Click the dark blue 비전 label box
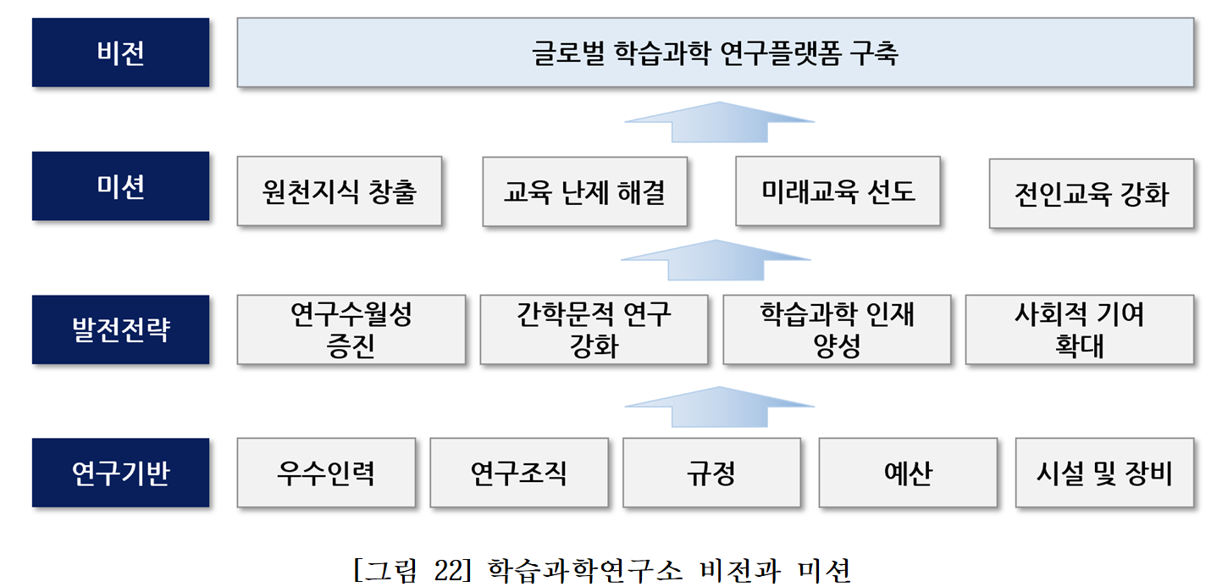pyautogui.click(x=120, y=53)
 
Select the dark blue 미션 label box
pyautogui.click(x=120, y=186)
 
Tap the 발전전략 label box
pyautogui.click(x=120, y=329)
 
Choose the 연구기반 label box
pyautogui.click(x=120, y=473)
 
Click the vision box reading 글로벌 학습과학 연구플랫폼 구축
pyautogui.click(x=716, y=53)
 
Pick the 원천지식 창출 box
pyautogui.click(x=340, y=191)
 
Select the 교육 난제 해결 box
pyautogui.click(x=585, y=191)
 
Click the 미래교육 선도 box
pyautogui.click(x=838, y=191)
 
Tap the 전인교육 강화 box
pyautogui.click(x=1092, y=193)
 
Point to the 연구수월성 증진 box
pyautogui.click(x=351, y=329)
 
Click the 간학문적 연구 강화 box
pyautogui.click(x=594, y=329)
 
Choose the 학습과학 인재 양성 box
pyautogui.click(x=837, y=329)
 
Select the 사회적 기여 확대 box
pyautogui.click(x=1080, y=329)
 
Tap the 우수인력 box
pyautogui.click(x=326, y=473)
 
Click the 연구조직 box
pyautogui.click(x=519, y=473)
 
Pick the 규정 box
pyautogui.click(x=711, y=473)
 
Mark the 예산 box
pyautogui.click(x=908, y=473)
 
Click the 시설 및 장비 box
pyautogui.click(x=1104, y=473)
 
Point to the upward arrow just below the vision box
pyautogui.click(x=720, y=122)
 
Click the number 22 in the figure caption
pyautogui.click(x=448, y=570)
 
